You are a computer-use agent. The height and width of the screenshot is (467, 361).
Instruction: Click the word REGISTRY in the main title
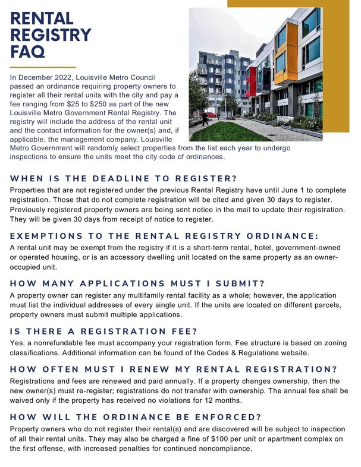coord(51,35)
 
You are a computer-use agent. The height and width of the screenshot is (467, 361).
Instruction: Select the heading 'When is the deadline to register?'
coord(124,179)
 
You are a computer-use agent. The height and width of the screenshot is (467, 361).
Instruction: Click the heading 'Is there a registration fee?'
coord(104,332)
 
